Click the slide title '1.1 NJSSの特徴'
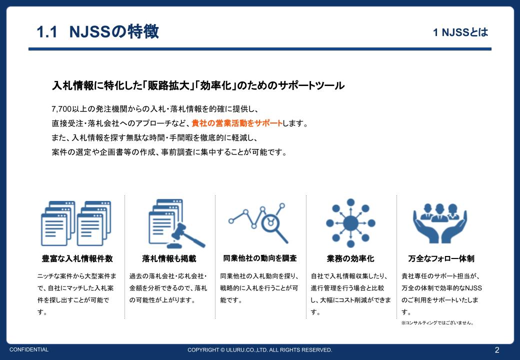click(98, 32)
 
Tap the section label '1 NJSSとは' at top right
click(460, 32)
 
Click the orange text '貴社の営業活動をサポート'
click(237, 123)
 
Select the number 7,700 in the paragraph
click(61, 109)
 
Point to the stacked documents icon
click(76, 223)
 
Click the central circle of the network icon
click(350, 222)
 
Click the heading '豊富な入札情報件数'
click(77, 258)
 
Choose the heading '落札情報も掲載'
click(169, 258)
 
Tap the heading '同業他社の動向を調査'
click(259, 258)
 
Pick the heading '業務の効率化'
click(350, 258)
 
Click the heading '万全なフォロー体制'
click(441, 258)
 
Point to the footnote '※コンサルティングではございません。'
click(437, 323)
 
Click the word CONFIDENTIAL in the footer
click(29, 349)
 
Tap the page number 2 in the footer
click(496, 349)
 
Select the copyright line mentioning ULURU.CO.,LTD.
click(259, 350)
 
